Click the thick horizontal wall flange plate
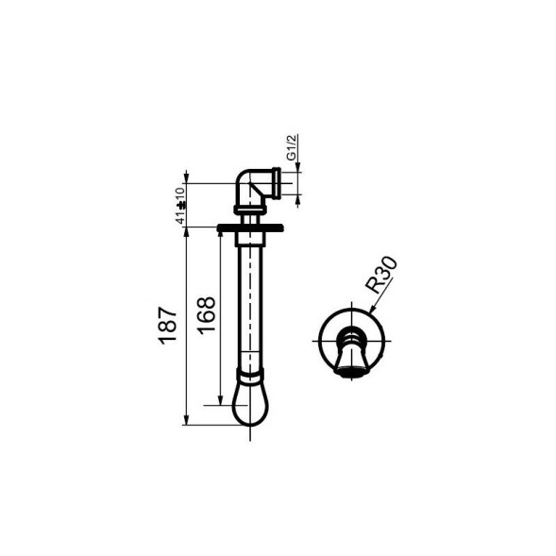point(250,227)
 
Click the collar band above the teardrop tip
point(250,376)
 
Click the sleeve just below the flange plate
point(250,237)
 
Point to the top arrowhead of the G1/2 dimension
point(298,172)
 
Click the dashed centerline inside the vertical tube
point(250,302)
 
